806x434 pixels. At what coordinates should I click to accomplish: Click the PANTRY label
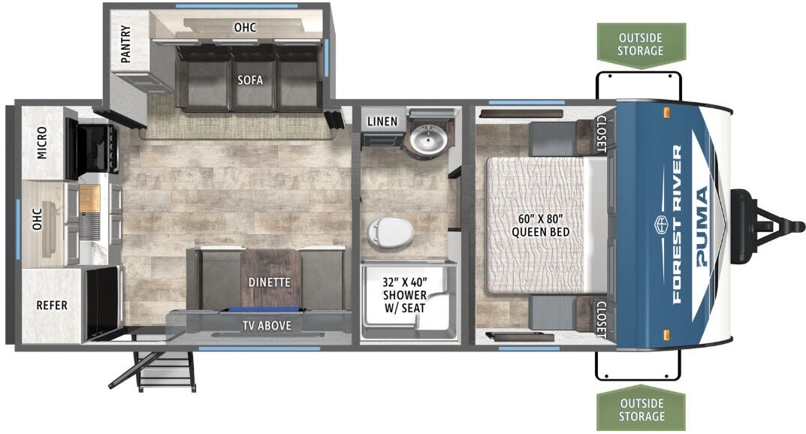point(125,45)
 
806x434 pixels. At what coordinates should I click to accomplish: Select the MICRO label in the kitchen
point(42,144)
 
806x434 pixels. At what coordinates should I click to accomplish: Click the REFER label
point(52,306)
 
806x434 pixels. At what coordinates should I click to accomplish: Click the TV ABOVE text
point(267,325)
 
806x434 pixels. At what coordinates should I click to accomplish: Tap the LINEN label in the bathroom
point(382,122)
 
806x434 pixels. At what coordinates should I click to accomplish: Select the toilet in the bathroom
point(391,233)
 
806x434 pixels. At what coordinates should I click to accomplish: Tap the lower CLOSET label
point(601,319)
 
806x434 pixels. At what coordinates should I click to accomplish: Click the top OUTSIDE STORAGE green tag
point(641,44)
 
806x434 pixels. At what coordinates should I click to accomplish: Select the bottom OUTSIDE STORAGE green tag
point(641,410)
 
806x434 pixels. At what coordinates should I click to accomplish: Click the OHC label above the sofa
point(245,28)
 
